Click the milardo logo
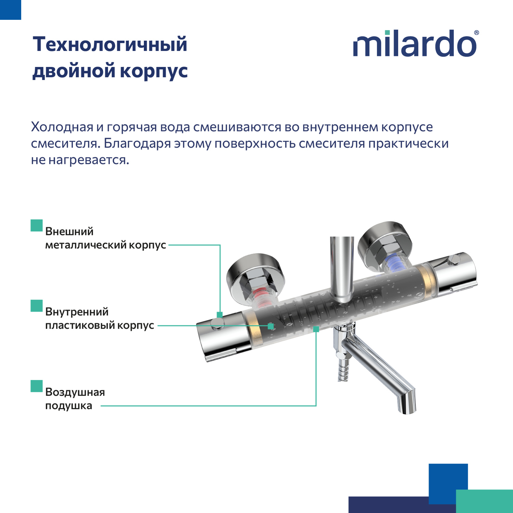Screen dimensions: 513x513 click(415, 44)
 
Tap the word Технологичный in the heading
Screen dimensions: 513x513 click(110, 44)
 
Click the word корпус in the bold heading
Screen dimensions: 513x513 click(154, 71)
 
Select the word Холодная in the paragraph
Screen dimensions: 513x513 click(62, 127)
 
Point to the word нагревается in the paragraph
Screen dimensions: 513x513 click(89, 160)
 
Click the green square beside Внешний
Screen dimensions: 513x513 click(37, 226)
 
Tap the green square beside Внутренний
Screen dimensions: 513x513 click(37, 306)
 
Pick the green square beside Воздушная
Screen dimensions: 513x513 click(37, 386)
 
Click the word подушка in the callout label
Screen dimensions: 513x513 click(68, 406)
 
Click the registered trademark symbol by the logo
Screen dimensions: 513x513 click(476, 33)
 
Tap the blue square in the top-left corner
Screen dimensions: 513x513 click(10, 10)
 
